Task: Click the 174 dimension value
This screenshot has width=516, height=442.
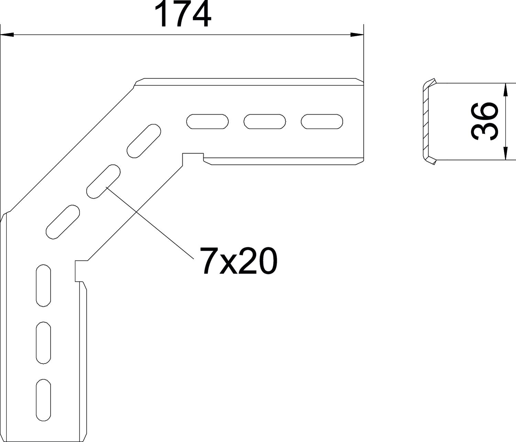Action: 182,14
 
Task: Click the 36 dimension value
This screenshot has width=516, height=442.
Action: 484,121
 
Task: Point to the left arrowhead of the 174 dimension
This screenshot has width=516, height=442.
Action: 7,35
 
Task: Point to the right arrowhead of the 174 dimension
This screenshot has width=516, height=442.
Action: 357,35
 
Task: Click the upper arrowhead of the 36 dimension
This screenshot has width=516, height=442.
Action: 505,90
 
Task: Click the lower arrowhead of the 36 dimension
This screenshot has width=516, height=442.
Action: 505,153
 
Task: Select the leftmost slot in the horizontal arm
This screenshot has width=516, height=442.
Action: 207,121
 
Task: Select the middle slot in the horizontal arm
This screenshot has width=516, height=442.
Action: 265,121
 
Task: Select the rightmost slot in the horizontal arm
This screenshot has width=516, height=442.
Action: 322,121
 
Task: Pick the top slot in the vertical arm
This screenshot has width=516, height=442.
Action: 43,285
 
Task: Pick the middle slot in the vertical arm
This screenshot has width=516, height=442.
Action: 43,342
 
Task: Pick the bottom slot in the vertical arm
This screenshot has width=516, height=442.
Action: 43,400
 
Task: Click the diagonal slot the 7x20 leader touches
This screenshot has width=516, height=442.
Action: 104,181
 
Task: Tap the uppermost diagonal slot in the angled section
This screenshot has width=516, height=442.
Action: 144,141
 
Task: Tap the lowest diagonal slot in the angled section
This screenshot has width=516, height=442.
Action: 63,222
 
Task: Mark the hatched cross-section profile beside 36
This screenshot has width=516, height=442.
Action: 426,122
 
